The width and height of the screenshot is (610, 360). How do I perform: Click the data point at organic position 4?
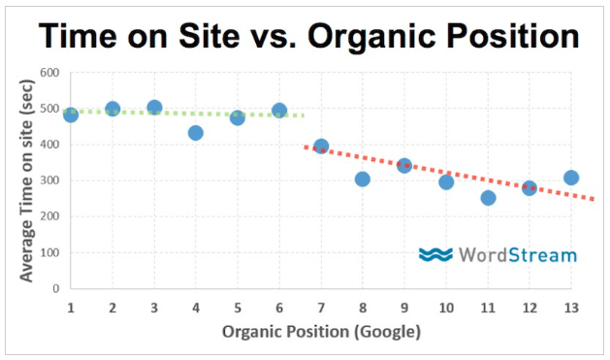tap(196, 132)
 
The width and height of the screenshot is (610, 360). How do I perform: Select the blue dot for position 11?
tap(488, 197)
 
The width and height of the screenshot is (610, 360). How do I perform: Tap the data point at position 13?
tap(571, 178)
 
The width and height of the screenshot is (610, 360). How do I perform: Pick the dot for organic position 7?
tap(321, 147)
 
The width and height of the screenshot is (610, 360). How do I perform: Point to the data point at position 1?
tap(71, 115)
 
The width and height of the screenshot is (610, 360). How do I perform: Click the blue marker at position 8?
tap(363, 179)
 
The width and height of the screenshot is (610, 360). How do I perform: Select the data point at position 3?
tap(154, 107)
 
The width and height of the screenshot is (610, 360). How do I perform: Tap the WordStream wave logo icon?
tap(435, 254)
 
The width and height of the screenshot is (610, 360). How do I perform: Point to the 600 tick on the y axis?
tap(48, 73)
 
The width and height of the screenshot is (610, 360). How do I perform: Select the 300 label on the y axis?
tap(48, 180)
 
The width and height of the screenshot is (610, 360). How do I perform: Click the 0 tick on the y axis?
tap(55, 288)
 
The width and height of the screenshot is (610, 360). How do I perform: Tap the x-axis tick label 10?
tap(445, 307)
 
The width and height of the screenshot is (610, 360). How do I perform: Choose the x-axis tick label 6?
tap(279, 307)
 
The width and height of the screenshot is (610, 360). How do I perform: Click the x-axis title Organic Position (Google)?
tap(321, 332)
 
